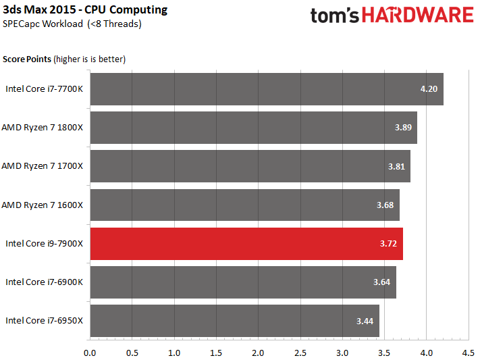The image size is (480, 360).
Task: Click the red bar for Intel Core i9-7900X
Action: coord(246,244)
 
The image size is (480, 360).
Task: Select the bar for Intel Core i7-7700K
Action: coord(267,89)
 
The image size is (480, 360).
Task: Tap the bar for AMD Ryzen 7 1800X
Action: coord(253,128)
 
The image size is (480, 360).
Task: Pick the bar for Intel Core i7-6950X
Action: coord(235,321)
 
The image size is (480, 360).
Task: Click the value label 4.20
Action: coord(429,89)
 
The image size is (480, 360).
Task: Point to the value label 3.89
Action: coord(403,128)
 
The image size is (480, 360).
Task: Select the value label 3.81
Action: coord(396,166)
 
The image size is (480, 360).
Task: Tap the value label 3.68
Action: coord(385,205)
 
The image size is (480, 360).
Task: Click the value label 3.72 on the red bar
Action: coord(388,244)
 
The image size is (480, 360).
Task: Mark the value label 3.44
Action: coord(365,321)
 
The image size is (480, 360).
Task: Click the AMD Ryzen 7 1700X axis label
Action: coord(43,166)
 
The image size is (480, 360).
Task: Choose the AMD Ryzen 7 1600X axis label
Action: coord(43,205)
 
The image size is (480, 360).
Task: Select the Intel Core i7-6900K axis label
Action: coord(44,282)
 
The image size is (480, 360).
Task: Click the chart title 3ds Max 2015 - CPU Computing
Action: coord(85,10)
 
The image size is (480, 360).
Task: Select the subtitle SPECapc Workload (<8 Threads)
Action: coord(72,24)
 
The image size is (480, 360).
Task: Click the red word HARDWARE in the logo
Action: coord(418,15)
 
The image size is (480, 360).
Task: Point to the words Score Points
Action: coord(27,59)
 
